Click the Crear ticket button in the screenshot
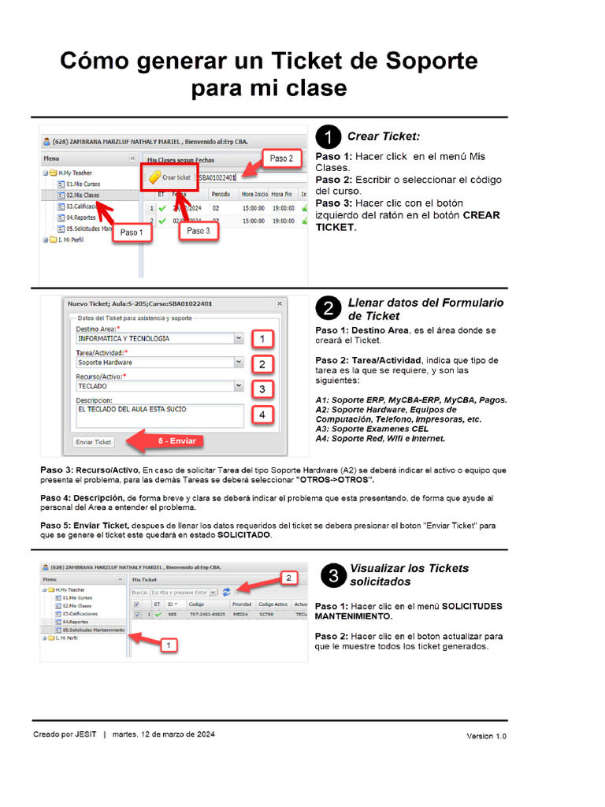click(169, 177)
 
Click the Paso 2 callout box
click(280, 158)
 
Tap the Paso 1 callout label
click(132, 232)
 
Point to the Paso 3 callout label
click(198, 231)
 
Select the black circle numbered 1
click(330, 137)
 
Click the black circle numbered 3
click(334, 576)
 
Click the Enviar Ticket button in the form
click(94, 442)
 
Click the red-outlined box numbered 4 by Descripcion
click(262, 415)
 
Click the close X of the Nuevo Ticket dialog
click(279, 303)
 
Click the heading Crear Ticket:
click(384, 136)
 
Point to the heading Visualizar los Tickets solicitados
click(409, 575)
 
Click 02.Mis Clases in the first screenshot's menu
click(83, 195)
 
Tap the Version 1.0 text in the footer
click(486, 736)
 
